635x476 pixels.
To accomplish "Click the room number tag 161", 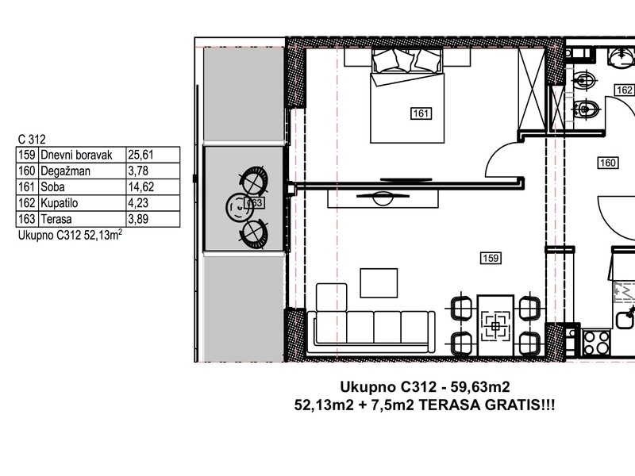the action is [421, 113].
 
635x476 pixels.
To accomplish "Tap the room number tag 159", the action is [491, 258].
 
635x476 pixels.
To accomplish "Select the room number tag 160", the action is [608, 163].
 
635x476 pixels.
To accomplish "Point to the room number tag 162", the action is [624, 90].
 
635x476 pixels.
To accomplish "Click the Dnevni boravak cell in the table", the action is [76, 155].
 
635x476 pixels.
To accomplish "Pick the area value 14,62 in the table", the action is [141, 187].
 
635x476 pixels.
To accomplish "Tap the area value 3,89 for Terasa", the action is [138, 220].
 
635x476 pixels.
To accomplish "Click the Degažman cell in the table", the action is [66, 171].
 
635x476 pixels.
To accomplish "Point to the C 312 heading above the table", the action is [32, 140].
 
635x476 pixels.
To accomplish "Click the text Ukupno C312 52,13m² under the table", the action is [70, 235].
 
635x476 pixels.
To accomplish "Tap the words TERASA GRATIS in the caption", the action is [486, 405].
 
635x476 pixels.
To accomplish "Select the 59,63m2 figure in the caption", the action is [480, 387].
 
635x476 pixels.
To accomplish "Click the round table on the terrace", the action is [240, 207].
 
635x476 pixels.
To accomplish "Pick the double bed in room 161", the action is [407, 96].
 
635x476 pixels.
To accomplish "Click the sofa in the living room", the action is [371, 332].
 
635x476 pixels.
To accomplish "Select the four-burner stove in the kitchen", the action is [596, 343].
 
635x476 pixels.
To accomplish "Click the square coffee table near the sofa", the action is [379, 283].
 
